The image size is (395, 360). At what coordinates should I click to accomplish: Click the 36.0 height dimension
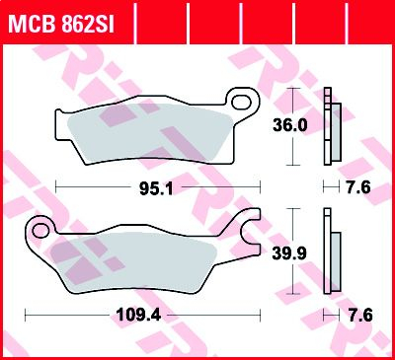point(290,125)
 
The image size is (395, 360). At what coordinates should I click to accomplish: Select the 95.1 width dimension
point(156,188)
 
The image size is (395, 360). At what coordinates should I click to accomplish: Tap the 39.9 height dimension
point(289,253)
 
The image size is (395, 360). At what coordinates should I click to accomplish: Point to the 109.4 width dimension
point(139,316)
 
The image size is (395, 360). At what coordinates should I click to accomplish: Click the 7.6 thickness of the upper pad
point(358,187)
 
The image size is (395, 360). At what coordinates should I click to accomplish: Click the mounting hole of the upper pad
point(241,102)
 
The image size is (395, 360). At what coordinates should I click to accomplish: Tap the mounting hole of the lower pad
point(40,231)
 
